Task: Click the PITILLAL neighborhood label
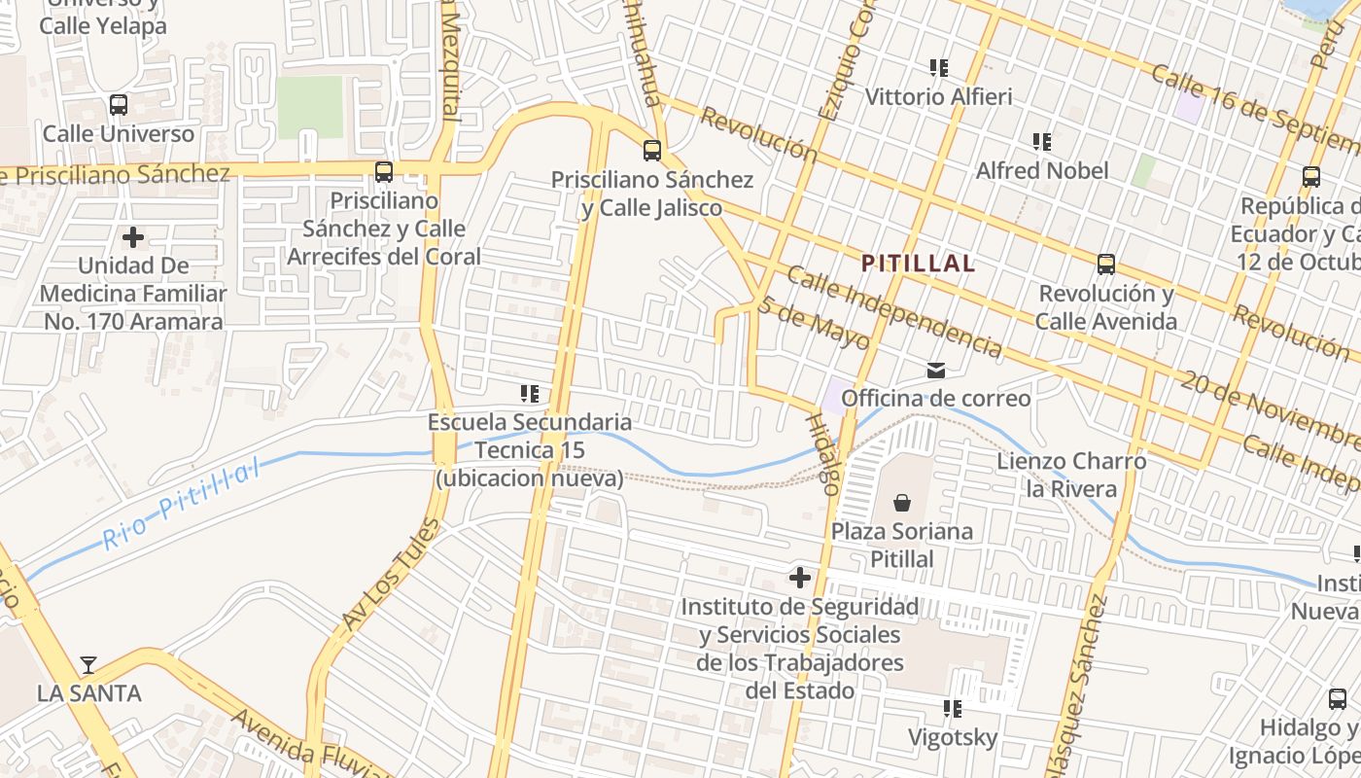(x=919, y=263)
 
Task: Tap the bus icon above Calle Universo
(x=119, y=104)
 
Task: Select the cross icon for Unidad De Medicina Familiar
(x=133, y=236)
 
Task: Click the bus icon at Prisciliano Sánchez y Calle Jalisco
(x=652, y=151)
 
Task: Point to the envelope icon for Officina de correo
(x=936, y=370)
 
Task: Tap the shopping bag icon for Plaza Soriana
(x=902, y=503)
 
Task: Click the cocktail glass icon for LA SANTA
(x=88, y=665)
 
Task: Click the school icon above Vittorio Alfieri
(x=938, y=68)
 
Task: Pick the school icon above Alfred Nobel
(x=1042, y=142)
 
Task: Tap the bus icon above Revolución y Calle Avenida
(x=1105, y=265)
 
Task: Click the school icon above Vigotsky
(x=953, y=709)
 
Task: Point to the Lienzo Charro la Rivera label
(x=1071, y=475)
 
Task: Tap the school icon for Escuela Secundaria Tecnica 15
(x=530, y=394)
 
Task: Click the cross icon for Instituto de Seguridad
(x=800, y=579)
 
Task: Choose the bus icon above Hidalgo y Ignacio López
(x=1338, y=698)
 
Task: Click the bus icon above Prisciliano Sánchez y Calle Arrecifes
(x=384, y=172)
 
